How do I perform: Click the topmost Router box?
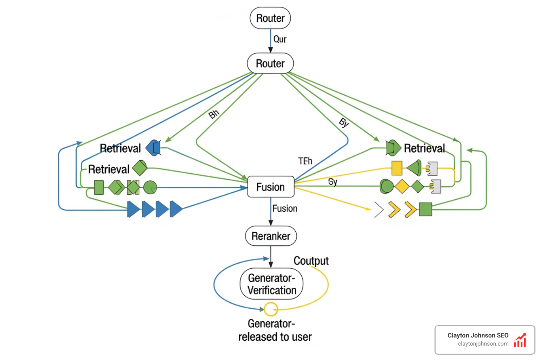coord(270,18)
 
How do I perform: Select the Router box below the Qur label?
coord(270,63)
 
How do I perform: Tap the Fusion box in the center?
coord(270,187)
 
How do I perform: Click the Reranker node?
coord(271,236)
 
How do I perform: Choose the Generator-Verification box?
coord(271,284)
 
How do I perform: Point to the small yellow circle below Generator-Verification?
coord(271,309)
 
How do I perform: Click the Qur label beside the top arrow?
coord(280,39)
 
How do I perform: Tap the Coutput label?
coord(311,261)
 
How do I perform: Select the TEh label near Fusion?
coord(305,161)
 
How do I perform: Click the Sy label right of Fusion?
coord(333,181)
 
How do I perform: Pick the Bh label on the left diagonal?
coord(214,114)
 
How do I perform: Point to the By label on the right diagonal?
coord(344,122)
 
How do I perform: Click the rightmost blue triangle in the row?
coord(175,209)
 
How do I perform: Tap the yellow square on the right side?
coord(397,168)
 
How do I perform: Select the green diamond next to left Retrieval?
coord(140,168)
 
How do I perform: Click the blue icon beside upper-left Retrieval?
coord(153,148)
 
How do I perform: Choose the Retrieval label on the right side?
coord(424,148)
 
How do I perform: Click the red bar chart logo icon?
coord(520,340)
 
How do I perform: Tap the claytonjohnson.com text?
coord(483,344)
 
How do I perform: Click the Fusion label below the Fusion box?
coord(284,208)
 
